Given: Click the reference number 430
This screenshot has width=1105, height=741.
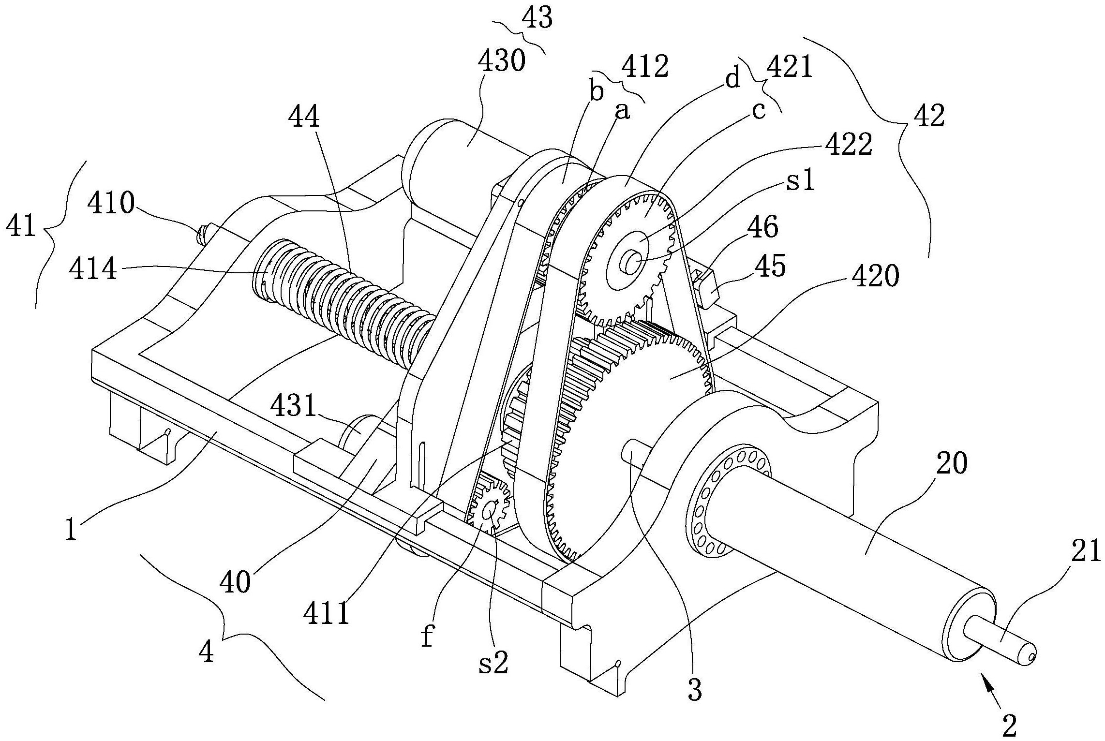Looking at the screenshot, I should click(501, 61).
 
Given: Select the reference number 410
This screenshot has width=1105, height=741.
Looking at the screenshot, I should click(111, 204).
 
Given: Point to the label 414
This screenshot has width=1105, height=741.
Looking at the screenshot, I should click(93, 268).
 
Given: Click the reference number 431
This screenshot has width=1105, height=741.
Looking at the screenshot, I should click(294, 407).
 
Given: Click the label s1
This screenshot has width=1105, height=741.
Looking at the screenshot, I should click(801, 182).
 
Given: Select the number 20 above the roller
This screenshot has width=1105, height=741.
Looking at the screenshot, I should click(952, 463).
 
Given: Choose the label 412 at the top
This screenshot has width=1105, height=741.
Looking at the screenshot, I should click(645, 66).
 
